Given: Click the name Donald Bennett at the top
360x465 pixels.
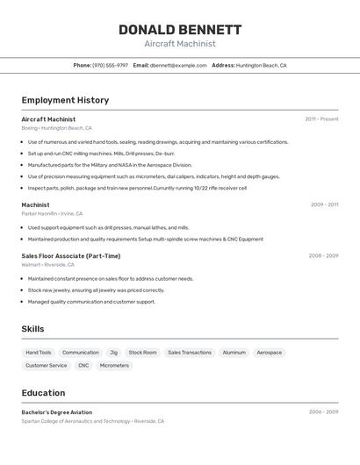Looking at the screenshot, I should click(180, 30).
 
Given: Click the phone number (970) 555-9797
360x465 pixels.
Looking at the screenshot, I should click(110, 65).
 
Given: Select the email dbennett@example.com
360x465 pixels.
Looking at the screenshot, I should click(171, 65).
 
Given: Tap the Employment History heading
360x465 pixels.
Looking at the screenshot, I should click(65, 100).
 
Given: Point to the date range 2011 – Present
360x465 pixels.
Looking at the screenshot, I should click(321, 118).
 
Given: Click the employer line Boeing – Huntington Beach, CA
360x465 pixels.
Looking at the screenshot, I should click(57, 128).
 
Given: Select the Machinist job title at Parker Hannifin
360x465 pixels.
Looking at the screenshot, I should click(36, 204).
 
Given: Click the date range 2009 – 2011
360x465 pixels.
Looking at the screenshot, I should click(324, 204).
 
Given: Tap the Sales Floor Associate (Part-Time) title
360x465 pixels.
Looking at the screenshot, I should click(71, 255).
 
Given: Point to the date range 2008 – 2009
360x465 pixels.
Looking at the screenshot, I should click(323, 255).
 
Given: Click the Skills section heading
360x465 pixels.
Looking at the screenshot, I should click(32, 329).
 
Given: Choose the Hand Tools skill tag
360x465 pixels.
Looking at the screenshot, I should click(39, 353).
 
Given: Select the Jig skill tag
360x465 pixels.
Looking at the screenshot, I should click(113, 353).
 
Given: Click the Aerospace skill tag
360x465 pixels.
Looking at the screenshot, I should click(270, 353).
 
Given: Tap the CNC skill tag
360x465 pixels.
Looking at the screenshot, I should click(83, 365).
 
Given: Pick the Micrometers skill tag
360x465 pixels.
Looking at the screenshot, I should click(114, 365).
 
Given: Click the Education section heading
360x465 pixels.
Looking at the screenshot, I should click(43, 393).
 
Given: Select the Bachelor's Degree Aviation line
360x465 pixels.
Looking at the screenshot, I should click(57, 411).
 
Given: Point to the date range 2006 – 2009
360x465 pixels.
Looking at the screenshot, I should click(323, 411).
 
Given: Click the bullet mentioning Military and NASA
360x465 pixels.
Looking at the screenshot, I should click(110, 164).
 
